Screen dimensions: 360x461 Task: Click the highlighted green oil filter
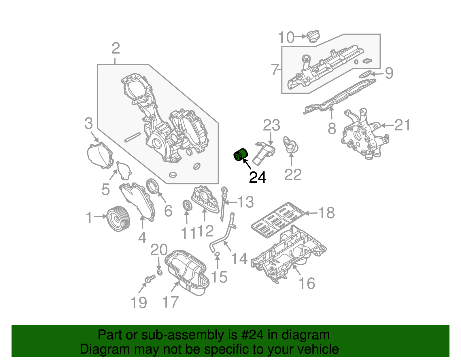(240, 155)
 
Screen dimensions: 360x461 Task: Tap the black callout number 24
(258, 177)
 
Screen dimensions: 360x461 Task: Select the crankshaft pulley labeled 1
(118, 219)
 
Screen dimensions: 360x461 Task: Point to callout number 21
(402, 125)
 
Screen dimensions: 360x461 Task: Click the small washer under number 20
(160, 272)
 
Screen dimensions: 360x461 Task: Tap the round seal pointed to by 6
(153, 186)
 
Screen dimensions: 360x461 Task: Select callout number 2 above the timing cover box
(116, 48)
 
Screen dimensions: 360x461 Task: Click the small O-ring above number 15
(217, 254)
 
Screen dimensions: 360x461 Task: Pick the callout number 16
(307, 283)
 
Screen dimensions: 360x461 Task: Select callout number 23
(271, 125)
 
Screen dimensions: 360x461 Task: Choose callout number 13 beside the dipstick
(245, 202)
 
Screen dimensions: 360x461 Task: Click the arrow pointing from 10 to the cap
(300, 36)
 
